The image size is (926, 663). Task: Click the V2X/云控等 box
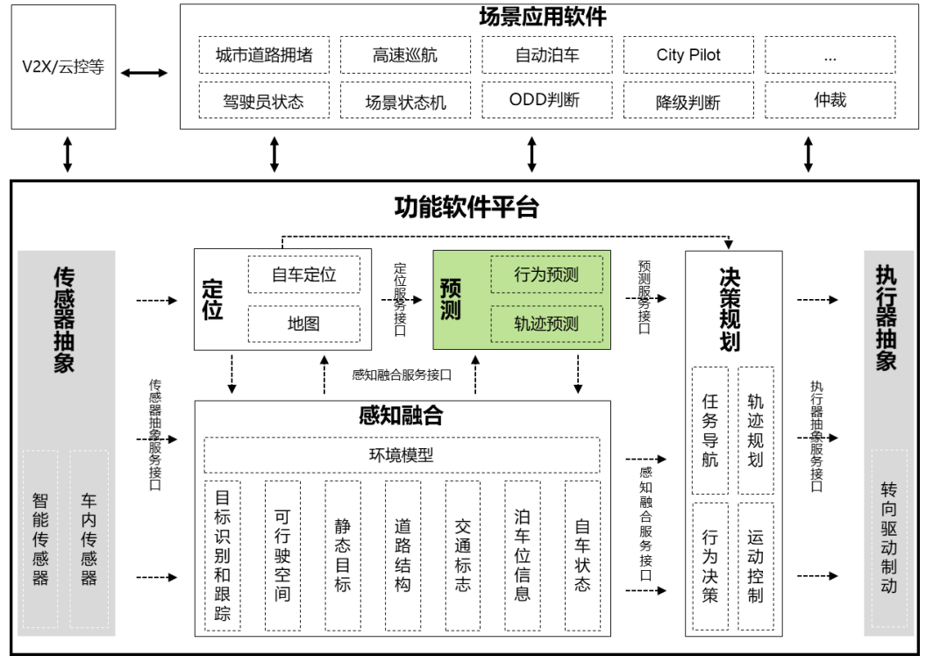(x=62, y=68)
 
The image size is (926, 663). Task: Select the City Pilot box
(x=688, y=54)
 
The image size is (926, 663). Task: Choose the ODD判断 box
(x=546, y=100)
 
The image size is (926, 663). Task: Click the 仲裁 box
(x=830, y=100)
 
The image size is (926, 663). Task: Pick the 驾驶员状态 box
(x=263, y=100)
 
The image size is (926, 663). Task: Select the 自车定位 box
(x=303, y=274)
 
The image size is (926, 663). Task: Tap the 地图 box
(x=303, y=323)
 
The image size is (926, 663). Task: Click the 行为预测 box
(x=546, y=274)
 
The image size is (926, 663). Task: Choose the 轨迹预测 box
(x=546, y=323)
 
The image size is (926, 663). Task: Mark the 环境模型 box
(x=402, y=455)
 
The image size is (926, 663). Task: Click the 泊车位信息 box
(x=522, y=554)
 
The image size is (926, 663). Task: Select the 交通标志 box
(x=462, y=554)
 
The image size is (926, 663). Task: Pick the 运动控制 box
(x=756, y=565)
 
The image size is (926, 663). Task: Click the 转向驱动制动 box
(x=889, y=538)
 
